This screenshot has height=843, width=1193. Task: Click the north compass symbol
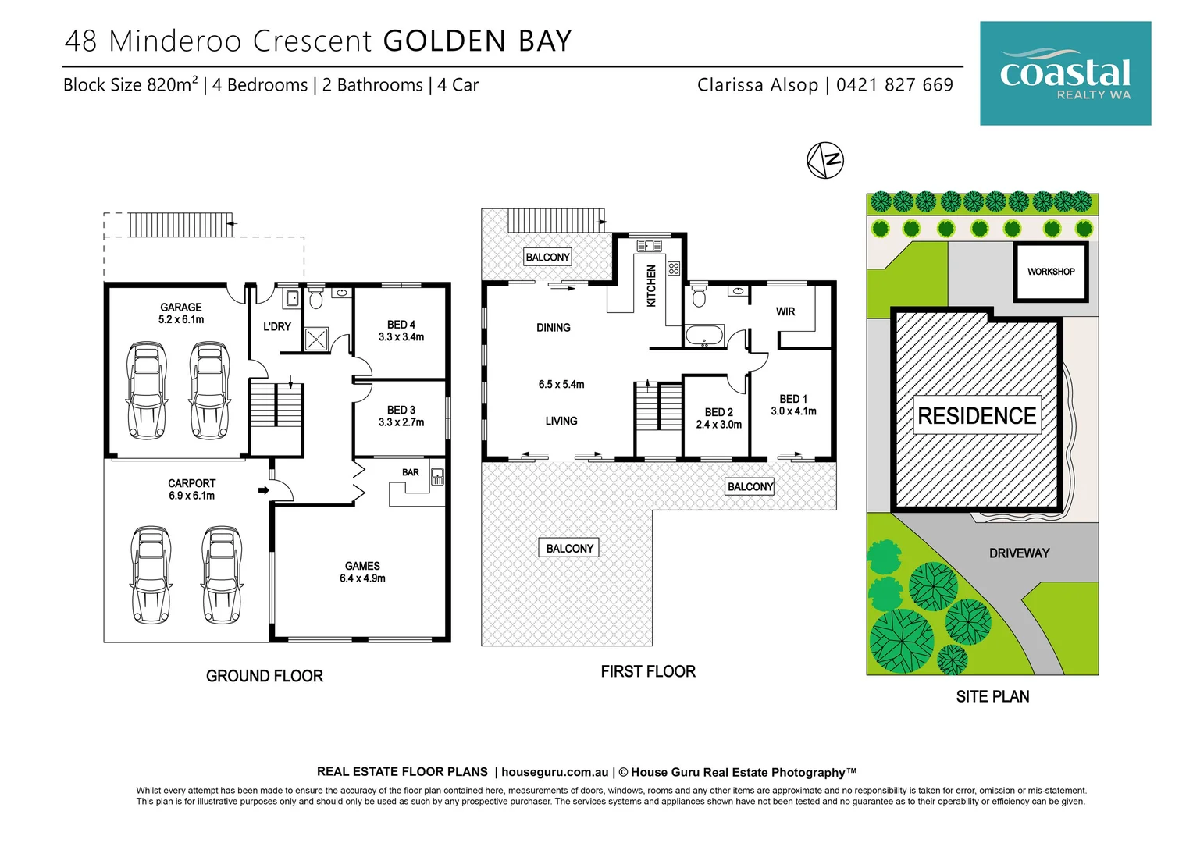pyautogui.click(x=825, y=160)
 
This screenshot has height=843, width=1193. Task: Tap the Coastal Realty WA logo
pyautogui.click(x=1065, y=73)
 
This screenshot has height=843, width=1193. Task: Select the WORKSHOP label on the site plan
pyautogui.click(x=1050, y=272)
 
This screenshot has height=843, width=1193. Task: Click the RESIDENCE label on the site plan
pyautogui.click(x=977, y=416)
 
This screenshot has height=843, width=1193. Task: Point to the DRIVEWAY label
pyautogui.click(x=1019, y=553)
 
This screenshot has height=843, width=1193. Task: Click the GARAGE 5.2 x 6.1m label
pyautogui.click(x=181, y=313)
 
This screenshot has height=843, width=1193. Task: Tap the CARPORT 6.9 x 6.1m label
pyautogui.click(x=191, y=489)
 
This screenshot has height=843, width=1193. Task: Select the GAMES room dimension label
pyautogui.click(x=362, y=572)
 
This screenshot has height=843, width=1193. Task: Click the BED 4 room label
pyautogui.click(x=401, y=331)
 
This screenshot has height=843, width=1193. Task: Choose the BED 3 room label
pyautogui.click(x=401, y=416)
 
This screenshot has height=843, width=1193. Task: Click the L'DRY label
pyautogui.click(x=276, y=326)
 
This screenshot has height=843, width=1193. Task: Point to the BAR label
pyautogui.click(x=411, y=472)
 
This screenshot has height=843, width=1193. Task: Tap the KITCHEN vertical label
pyautogui.click(x=651, y=286)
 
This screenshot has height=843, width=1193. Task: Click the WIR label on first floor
pyautogui.click(x=785, y=311)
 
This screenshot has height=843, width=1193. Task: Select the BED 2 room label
pyautogui.click(x=718, y=418)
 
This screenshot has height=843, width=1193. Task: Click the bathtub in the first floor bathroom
pyautogui.click(x=705, y=337)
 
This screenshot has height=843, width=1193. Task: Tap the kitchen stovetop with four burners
pyautogui.click(x=674, y=269)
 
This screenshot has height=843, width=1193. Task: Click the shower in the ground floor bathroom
pyautogui.click(x=316, y=339)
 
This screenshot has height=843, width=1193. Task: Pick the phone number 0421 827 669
pyautogui.click(x=894, y=85)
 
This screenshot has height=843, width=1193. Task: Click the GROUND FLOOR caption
pyautogui.click(x=264, y=676)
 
